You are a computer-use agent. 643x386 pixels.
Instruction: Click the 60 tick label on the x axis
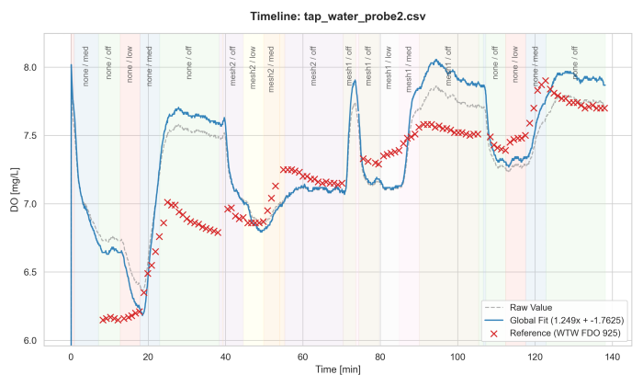(x=303, y=355)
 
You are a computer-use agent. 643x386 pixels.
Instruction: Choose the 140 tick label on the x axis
(x=613, y=355)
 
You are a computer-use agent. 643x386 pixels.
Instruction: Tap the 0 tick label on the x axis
(x=71, y=355)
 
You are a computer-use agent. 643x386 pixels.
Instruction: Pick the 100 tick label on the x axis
(x=457, y=355)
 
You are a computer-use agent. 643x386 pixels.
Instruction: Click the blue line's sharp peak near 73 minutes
(x=354, y=80)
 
